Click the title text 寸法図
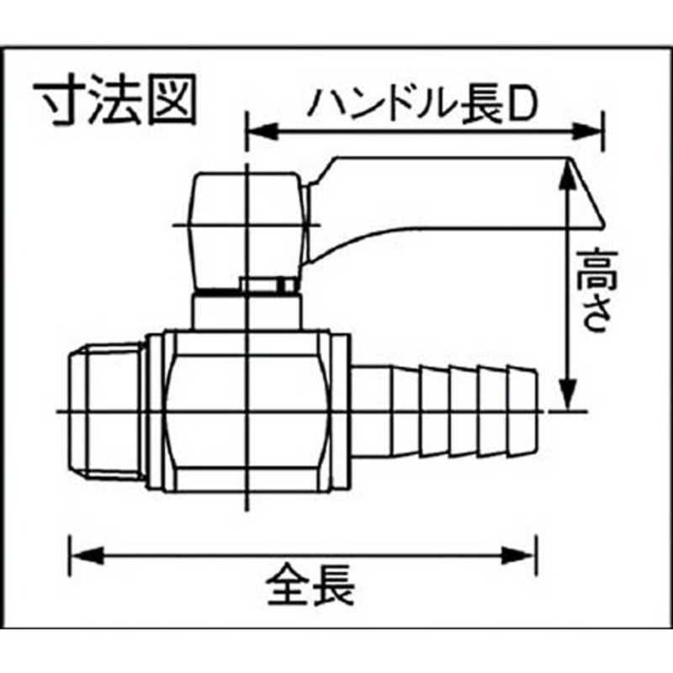click(x=115, y=99)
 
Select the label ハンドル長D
click(x=423, y=104)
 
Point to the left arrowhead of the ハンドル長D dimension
click(x=262, y=131)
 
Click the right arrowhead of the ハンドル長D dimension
click(x=588, y=131)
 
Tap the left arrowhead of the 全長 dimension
click(x=87, y=555)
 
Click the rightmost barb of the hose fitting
click(x=522, y=411)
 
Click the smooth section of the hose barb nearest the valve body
click(x=372, y=411)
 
